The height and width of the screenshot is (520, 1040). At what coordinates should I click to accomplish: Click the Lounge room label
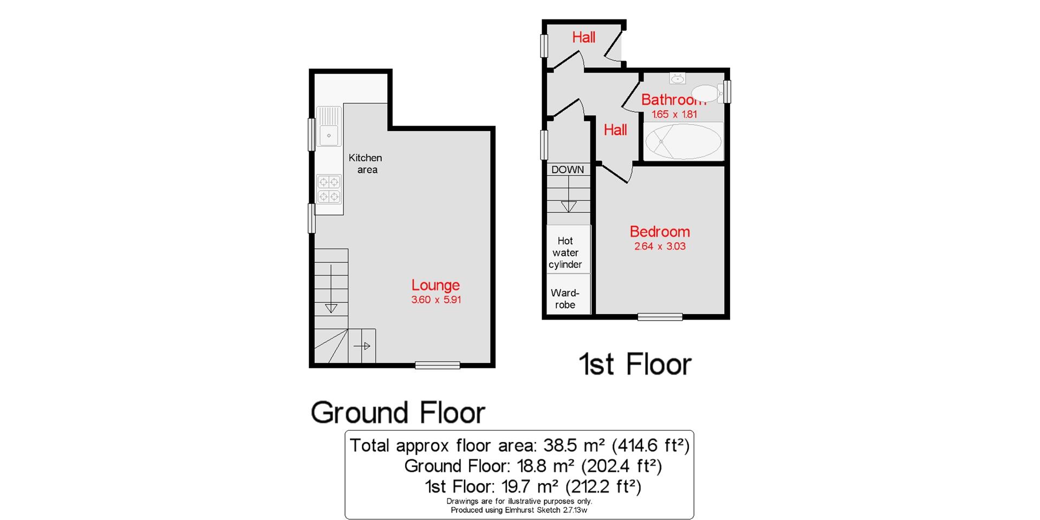click(x=435, y=285)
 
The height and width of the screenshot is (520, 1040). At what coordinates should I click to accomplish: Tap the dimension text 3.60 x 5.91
click(x=435, y=300)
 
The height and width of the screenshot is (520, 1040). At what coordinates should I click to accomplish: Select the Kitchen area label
click(x=366, y=164)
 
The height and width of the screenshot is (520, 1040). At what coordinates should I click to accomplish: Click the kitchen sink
click(x=329, y=135)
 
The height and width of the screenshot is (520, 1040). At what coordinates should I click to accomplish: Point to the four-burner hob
click(x=329, y=188)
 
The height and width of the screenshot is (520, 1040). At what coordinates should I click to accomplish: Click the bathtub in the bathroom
click(x=682, y=141)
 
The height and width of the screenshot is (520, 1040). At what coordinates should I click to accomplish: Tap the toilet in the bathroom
click(x=705, y=93)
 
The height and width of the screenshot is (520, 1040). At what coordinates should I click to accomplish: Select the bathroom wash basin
click(x=677, y=79)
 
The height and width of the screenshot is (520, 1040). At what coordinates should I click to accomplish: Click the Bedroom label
click(x=659, y=232)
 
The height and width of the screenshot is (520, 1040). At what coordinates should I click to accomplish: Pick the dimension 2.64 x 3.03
click(x=659, y=246)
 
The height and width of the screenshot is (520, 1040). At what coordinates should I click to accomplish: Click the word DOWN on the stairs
click(x=567, y=170)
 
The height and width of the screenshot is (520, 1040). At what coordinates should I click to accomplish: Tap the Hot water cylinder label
click(x=565, y=252)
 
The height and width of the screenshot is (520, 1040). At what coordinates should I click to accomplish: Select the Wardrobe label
click(x=565, y=299)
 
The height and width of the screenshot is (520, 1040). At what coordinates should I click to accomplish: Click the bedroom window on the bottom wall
click(x=659, y=317)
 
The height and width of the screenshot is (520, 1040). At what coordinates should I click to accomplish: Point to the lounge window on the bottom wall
click(x=437, y=366)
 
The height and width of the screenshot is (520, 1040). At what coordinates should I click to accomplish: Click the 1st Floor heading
click(x=635, y=364)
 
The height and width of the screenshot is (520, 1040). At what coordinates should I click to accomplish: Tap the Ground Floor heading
click(x=398, y=413)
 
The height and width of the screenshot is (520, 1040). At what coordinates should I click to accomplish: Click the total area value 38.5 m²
click(x=574, y=445)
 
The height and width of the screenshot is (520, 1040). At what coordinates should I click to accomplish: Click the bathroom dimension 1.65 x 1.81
click(x=674, y=114)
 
